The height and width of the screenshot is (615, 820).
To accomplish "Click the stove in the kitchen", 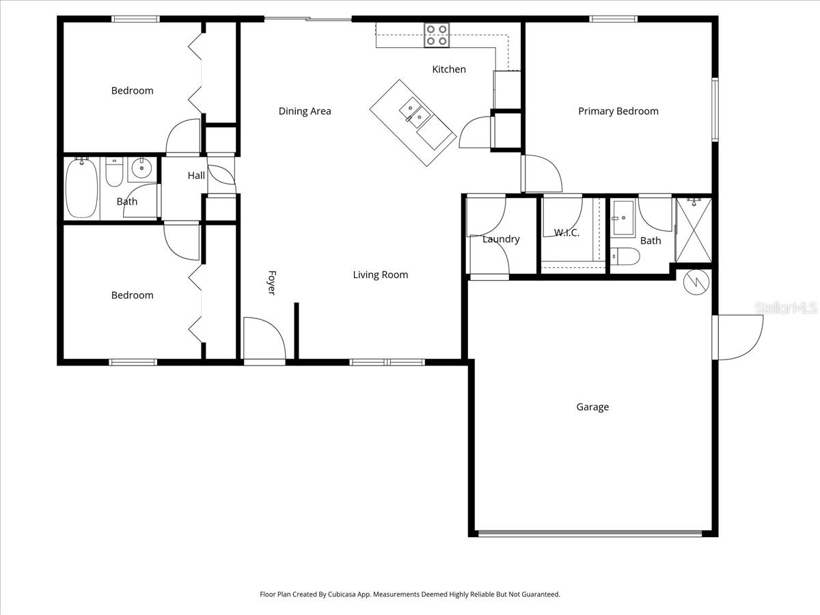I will tap(437, 35).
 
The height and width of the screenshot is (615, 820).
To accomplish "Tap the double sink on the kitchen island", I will tap(412, 110).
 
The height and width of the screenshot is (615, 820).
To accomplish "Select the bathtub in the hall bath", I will tap(82, 187).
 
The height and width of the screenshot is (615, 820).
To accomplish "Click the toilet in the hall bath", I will tap(114, 173).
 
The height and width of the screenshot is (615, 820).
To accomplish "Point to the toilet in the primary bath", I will tap(625, 257).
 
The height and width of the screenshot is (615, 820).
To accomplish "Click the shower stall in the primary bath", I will tap(694, 230).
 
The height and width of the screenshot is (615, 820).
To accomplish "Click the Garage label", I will tap(592, 407).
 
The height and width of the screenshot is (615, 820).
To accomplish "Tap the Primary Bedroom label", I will tap(618, 111).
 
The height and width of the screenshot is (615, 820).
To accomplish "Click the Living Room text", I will tap(380, 275).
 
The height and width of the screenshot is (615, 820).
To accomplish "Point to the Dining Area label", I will tap(305, 111).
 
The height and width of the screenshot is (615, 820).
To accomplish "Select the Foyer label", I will tap(271, 283).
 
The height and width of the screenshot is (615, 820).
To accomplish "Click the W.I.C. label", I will tap(566, 233).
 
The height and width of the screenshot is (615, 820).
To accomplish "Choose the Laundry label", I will tap(501, 239).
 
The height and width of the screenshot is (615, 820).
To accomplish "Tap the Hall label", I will tap(196, 176).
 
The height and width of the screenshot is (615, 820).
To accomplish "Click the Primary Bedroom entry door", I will tap(542, 174).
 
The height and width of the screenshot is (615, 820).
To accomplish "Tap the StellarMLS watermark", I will tap(786, 308).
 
